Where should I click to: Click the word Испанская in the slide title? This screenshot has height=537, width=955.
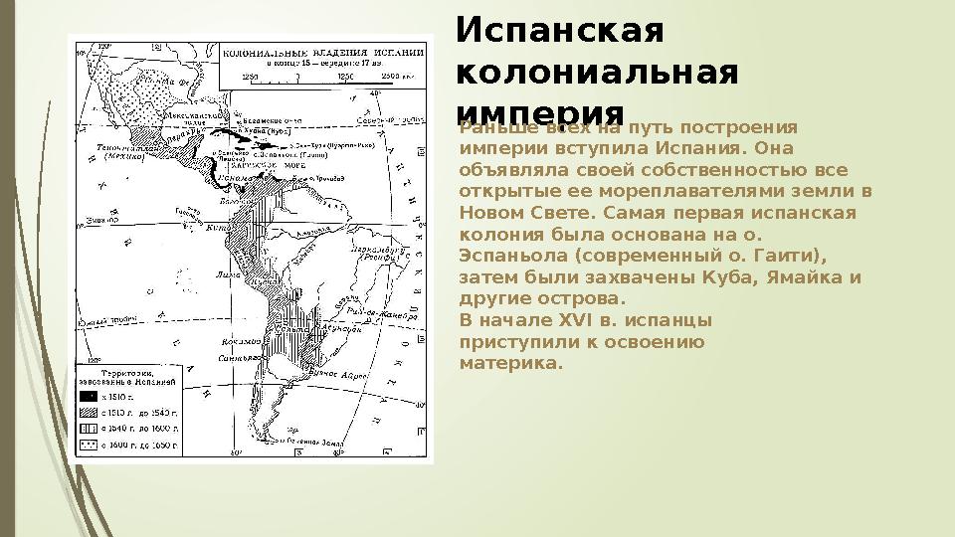click(x=558, y=32)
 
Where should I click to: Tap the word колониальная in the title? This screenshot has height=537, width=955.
click(x=597, y=72)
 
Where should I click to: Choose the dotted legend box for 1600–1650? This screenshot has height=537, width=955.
click(x=90, y=444)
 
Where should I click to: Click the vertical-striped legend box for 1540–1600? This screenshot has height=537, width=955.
click(x=90, y=427)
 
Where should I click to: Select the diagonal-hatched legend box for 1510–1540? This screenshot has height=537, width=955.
click(x=90, y=411)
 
